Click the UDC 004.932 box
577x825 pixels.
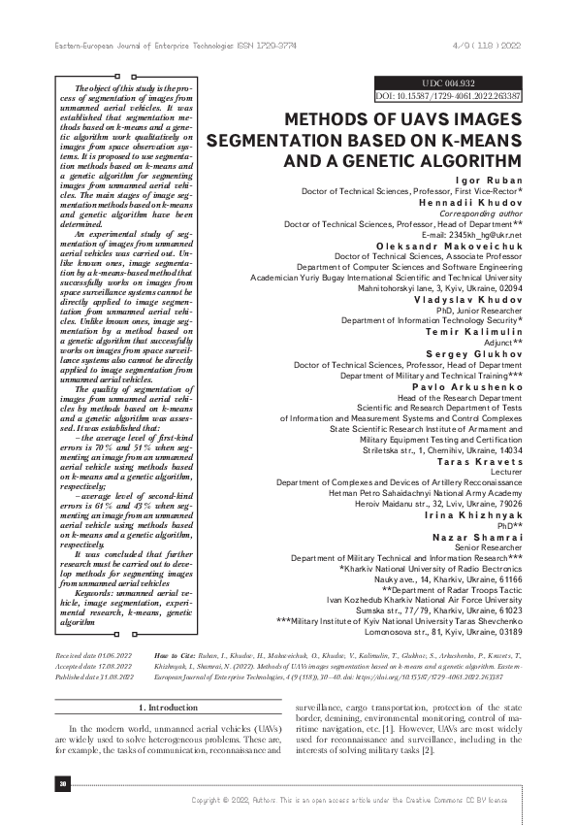(x=448, y=83)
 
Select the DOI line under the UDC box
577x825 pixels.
(x=448, y=96)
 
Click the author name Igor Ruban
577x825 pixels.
(x=487, y=181)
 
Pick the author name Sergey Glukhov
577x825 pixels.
(x=475, y=352)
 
